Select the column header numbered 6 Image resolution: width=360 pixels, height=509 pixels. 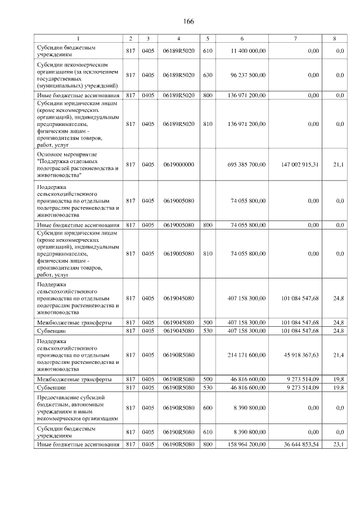[242, 38]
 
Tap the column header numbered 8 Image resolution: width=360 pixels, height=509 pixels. [335, 38]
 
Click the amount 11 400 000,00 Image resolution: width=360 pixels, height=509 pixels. [248, 51]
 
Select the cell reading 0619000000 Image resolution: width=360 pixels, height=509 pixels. [178, 164]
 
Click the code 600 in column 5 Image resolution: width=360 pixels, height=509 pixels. [208, 408]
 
